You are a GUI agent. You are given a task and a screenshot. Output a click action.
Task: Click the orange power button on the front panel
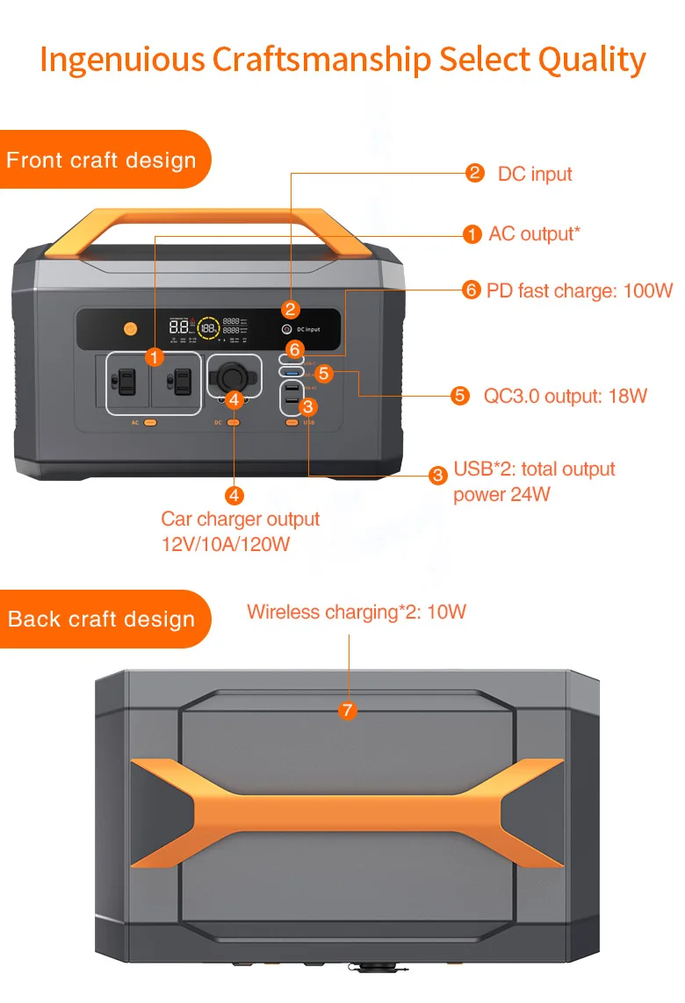[131, 329]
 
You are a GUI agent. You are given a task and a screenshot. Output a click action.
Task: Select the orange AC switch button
[150, 423]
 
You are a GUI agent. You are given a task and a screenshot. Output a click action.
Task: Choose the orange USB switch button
[291, 423]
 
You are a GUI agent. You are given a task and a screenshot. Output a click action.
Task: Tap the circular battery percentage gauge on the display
[209, 328]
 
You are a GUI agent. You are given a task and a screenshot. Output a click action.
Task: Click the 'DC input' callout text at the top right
[534, 174]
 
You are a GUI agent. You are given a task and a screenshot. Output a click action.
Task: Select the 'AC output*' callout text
[534, 233]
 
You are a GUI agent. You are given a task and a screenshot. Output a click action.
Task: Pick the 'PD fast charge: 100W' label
[579, 290]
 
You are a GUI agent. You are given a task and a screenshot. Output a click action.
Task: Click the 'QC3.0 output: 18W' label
[565, 396]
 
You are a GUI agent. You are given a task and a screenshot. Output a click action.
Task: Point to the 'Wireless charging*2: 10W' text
[356, 612]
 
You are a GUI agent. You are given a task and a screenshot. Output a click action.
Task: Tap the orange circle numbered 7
[349, 710]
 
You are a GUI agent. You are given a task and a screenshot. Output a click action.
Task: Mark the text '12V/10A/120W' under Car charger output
[226, 544]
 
